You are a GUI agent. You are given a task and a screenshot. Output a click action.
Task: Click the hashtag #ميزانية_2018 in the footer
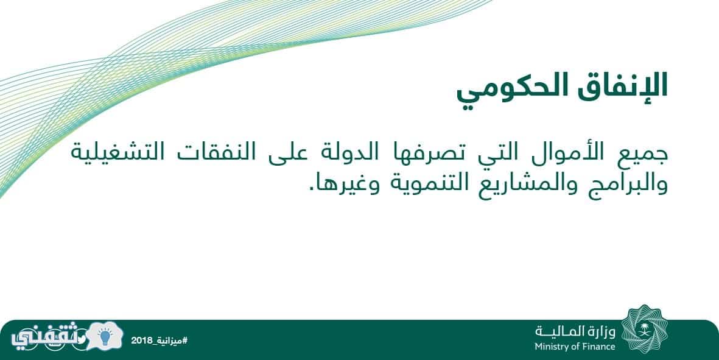click(x=159, y=341)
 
